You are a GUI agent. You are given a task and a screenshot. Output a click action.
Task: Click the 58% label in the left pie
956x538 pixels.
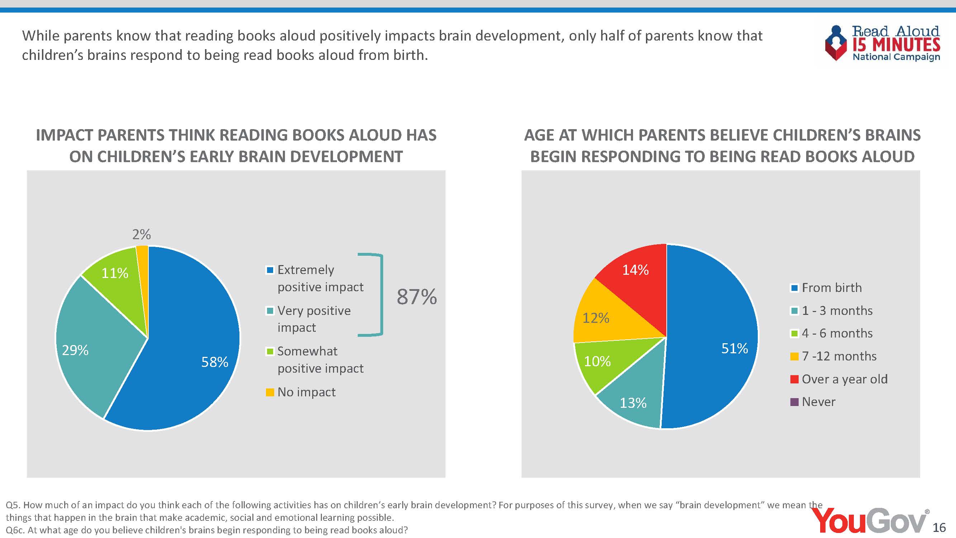[x=214, y=362]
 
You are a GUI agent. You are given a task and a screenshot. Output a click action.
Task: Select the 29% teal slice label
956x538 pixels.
[x=75, y=350]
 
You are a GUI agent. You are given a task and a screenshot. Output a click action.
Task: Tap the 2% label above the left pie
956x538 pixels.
[x=141, y=234]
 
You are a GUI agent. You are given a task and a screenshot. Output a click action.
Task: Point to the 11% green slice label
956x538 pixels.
[x=115, y=273]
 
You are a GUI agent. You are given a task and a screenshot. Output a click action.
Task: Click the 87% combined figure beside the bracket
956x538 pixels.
[x=417, y=297]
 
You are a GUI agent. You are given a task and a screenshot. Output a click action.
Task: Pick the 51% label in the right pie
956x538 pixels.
[x=734, y=348]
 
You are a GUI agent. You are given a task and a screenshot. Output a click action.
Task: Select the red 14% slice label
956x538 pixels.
[x=635, y=270]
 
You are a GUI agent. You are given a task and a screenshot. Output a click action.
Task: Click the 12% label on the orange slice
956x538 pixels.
[x=596, y=318]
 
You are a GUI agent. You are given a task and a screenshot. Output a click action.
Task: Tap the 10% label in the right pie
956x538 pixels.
[x=597, y=361]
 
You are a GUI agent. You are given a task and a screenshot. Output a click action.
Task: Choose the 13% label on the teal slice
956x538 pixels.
[x=633, y=403]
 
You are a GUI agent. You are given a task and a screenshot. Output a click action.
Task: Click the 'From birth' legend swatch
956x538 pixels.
[x=795, y=288]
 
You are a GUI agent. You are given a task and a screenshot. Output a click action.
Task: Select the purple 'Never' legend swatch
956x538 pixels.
[x=795, y=402]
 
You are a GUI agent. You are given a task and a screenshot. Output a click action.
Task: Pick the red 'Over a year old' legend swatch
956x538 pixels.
[x=795, y=379]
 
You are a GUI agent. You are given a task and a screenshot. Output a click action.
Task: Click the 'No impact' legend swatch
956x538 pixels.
[x=270, y=392]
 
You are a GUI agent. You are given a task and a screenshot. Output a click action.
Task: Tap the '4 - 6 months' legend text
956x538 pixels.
[x=837, y=333]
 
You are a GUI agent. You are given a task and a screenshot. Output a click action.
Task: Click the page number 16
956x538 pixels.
[x=939, y=527]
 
